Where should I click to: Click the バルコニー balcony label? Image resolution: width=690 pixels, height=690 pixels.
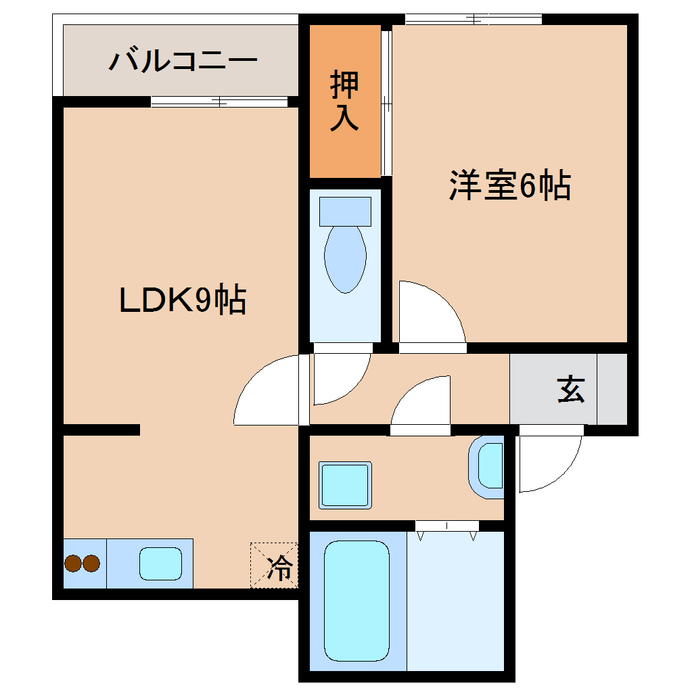pyautogui.click(x=183, y=61)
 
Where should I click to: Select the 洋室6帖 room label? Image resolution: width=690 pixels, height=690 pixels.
pyautogui.click(x=509, y=185)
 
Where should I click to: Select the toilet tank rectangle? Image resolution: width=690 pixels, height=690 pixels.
pyautogui.click(x=345, y=211)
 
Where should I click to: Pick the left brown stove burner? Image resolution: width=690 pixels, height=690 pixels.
pyautogui.click(x=73, y=563)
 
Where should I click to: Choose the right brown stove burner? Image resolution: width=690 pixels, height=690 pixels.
pyautogui.click(x=91, y=563)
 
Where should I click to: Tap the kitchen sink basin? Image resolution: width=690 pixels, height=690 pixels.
pyautogui.click(x=161, y=563)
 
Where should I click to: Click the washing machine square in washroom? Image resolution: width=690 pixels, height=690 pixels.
pyautogui.click(x=346, y=484)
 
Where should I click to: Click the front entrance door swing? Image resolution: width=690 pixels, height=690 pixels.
pyautogui.click(x=545, y=461)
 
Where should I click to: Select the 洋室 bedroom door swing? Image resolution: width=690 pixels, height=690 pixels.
pyautogui.click(x=426, y=315)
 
